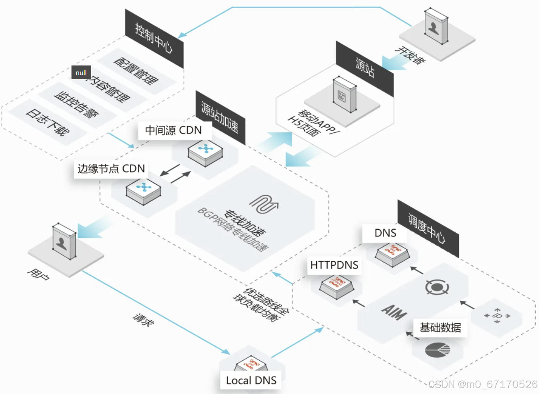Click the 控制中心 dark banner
tap(154, 39)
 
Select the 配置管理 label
tap(136, 71)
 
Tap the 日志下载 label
tap(48, 122)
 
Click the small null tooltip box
tap(81, 72)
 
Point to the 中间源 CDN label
tap(174, 130)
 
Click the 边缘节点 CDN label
tap(111, 168)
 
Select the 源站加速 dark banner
tap(220, 117)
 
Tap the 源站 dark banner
tap(365, 68)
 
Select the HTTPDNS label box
tap(334, 265)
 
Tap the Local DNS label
tap(251, 380)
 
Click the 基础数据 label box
tap(440, 327)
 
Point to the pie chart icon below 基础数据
tap(437, 350)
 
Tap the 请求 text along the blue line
tap(143, 320)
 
